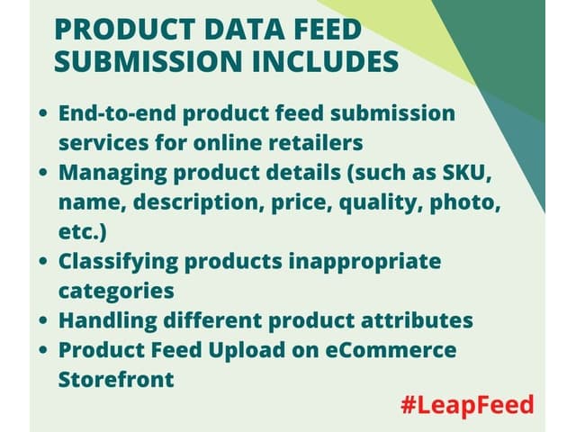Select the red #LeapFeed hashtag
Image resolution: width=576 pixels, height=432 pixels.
pos(467,403)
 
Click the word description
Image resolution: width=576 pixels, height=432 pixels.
pos(194,202)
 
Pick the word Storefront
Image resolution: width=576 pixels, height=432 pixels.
pos(116,379)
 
